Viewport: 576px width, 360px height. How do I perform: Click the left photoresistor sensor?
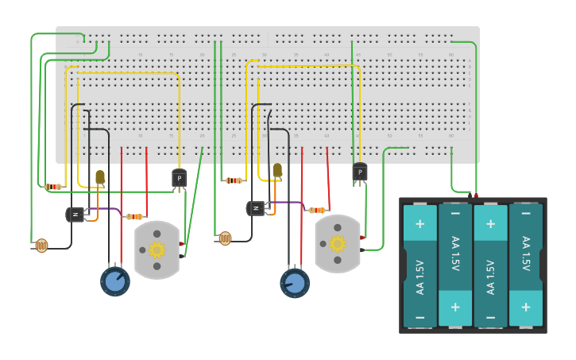41,246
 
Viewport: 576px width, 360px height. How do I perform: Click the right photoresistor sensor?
225,238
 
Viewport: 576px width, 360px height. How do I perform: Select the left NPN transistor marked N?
75,214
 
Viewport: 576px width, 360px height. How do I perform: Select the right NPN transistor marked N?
256,208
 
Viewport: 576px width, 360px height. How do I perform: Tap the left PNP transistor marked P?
179,179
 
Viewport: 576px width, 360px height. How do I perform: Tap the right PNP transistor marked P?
359,172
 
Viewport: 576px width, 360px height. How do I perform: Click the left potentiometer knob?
115,281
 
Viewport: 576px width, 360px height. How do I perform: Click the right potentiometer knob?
295,283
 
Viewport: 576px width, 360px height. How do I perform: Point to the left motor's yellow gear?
157,250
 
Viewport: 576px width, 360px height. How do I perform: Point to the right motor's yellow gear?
338,244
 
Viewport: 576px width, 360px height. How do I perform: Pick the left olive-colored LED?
100,176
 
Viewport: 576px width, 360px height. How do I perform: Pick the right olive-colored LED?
277,170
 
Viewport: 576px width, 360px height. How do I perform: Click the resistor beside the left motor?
134,216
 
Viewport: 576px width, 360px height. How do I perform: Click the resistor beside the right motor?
316,210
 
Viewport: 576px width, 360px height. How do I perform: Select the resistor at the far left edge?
53,187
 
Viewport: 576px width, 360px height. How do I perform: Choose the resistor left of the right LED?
233,180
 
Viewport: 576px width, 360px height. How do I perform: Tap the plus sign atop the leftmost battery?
419,223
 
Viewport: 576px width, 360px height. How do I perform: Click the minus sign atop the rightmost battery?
525,214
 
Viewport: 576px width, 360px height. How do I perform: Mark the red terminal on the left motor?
182,243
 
